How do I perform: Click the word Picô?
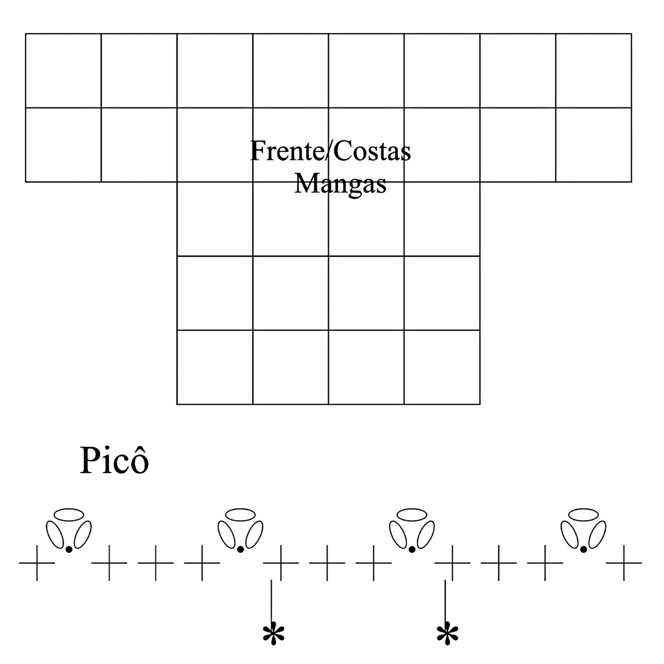(115, 461)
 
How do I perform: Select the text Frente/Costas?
(330, 151)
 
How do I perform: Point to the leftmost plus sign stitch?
(37, 563)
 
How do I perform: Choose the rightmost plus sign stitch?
(624, 563)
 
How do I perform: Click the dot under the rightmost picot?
(583, 549)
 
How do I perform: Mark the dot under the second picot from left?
(240, 549)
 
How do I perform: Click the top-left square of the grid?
(63, 71)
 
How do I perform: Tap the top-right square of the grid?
(593, 71)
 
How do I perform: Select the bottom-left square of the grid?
(215, 367)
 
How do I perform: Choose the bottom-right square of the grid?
(442, 367)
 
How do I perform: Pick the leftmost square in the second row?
(63, 145)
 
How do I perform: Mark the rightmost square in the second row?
(593, 145)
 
